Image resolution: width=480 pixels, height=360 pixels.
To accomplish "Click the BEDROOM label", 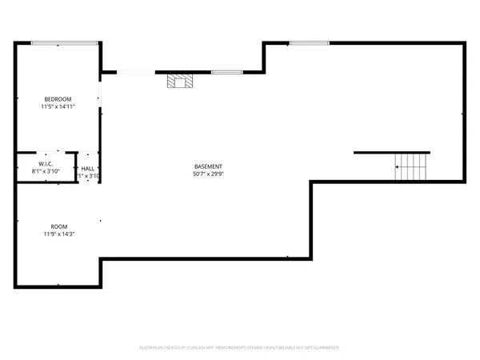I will (58, 98).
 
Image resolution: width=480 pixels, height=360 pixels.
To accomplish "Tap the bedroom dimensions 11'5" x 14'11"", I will (58, 106).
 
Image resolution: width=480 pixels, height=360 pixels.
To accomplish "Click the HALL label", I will (88, 168).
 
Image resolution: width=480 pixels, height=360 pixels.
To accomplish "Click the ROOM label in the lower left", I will (59, 226).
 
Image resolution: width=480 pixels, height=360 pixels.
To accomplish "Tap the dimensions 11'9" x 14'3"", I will (59, 234).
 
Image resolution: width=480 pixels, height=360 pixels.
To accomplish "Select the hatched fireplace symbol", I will (180, 80).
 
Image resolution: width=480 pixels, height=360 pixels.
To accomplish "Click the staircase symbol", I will (412, 166).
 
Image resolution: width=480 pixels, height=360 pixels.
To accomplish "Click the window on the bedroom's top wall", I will (76, 42).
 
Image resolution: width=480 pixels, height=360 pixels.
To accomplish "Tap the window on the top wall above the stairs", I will (309, 42).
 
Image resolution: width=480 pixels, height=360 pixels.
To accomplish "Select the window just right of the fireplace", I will (226, 73).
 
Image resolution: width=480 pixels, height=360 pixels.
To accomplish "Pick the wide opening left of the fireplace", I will (136, 73).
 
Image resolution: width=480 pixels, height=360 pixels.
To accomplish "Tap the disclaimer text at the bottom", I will (239, 348).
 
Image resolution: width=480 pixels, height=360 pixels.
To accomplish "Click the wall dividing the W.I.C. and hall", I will (77, 168).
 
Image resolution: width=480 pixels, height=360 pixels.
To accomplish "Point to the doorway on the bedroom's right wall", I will (100, 99).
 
